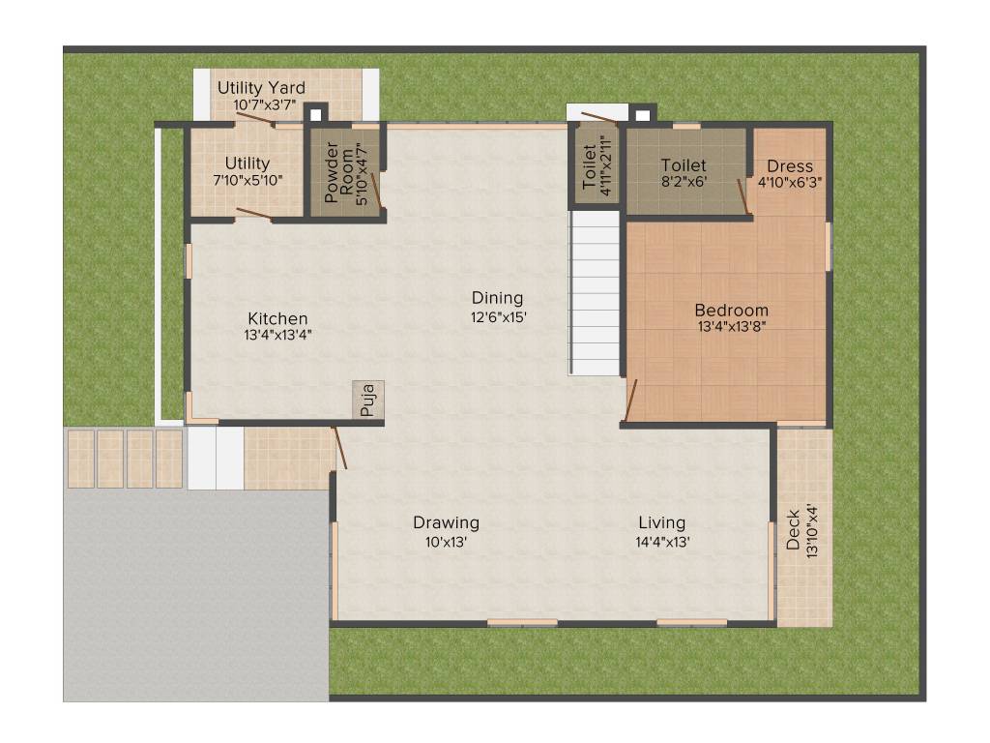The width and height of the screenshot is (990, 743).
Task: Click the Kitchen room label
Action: click(277, 318)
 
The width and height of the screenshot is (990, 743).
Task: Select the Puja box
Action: click(367, 400)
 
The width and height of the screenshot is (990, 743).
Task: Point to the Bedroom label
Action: click(732, 311)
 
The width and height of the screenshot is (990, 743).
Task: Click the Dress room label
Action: click(790, 166)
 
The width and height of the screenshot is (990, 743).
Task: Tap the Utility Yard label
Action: click(261, 88)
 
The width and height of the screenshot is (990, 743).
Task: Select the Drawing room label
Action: click(446, 522)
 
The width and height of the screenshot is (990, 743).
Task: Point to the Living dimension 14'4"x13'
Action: click(662, 542)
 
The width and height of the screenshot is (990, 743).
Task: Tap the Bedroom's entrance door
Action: click(630, 401)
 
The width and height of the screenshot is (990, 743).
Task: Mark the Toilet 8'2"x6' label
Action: click(684, 165)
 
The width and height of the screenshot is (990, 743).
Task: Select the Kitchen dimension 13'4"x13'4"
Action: click(277, 336)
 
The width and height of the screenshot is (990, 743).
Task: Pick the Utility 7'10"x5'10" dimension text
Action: click(247, 180)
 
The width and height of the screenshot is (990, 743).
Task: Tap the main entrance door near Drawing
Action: click(338, 447)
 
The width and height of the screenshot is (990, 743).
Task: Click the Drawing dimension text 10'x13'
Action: click(446, 542)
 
